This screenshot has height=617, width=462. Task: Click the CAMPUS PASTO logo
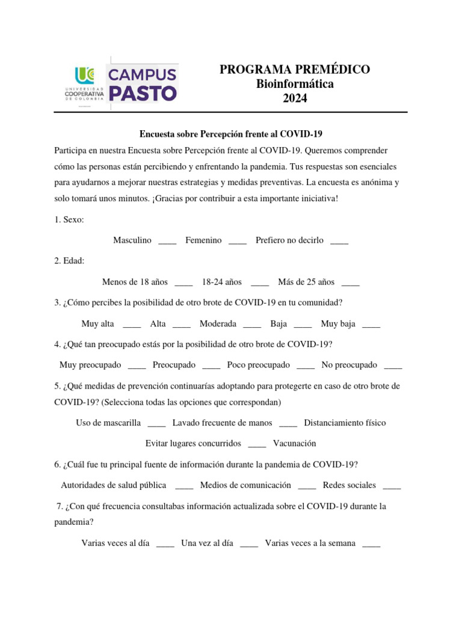(x=142, y=84)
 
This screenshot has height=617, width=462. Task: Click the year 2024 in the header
(x=295, y=99)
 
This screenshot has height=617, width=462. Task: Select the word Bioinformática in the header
(x=295, y=84)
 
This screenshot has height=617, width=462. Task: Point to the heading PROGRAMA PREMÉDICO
(x=295, y=70)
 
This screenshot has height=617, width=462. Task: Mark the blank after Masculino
(x=167, y=242)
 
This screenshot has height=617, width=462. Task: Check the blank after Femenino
(x=238, y=242)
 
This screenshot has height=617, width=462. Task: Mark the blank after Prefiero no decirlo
(x=339, y=242)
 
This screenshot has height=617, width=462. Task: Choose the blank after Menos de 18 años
(x=183, y=283)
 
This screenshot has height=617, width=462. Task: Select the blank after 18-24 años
(x=260, y=283)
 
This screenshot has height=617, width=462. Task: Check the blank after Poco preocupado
(x=306, y=366)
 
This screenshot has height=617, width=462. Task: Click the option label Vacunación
(x=295, y=443)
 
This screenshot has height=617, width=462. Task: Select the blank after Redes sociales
(x=392, y=486)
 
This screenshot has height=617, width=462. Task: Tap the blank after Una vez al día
(x=249, y=544)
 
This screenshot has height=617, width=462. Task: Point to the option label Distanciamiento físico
(x=345, y=423)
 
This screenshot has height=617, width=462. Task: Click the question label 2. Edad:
(x=69, y=261)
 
